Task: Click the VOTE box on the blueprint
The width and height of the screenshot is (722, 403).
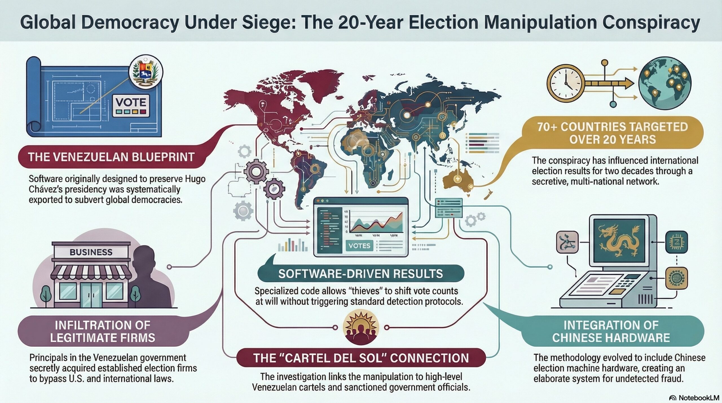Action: coord(131,106)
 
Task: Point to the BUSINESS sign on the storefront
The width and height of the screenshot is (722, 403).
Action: coord(91,252)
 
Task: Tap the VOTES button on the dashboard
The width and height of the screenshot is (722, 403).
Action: coord(359,246)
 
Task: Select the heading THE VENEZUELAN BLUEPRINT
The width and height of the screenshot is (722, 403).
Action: coord(111,157)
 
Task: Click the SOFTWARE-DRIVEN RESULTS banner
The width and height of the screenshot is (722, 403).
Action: coord(360,274)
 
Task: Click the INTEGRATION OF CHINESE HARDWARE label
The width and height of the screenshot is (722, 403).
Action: coord(611,331)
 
